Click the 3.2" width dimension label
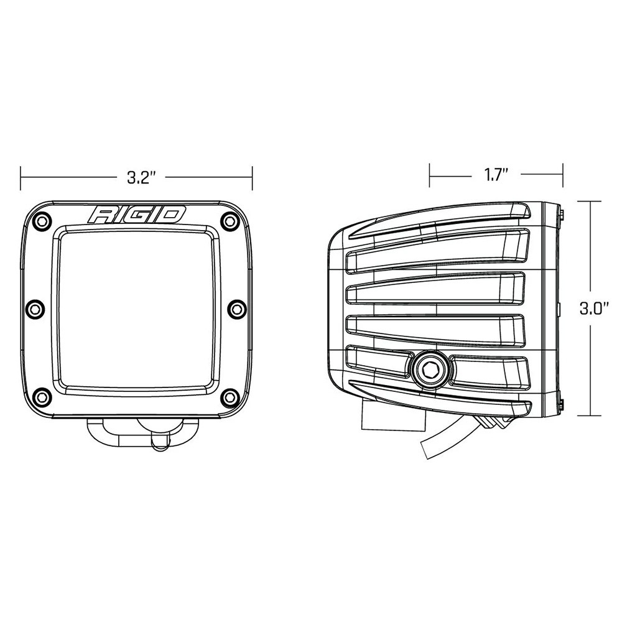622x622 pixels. (x=140, y=177)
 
